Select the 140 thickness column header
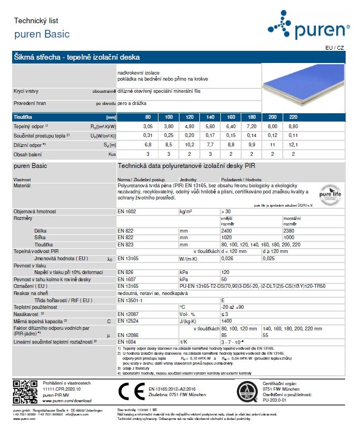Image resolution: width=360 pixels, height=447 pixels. tap(210, 117)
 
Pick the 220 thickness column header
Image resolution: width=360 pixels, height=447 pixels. tap(293, 117)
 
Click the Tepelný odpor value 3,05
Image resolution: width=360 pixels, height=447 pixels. tap(147, 127)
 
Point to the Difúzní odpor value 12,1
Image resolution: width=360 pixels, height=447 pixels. tap(293, 145)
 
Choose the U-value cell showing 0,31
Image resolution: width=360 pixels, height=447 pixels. tap(147, 135)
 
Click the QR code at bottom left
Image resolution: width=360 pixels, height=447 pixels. tap(24, 392)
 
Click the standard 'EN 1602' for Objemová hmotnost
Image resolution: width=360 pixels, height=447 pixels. tap(127, 212)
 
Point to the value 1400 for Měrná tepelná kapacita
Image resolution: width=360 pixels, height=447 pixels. tap(226, 320)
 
